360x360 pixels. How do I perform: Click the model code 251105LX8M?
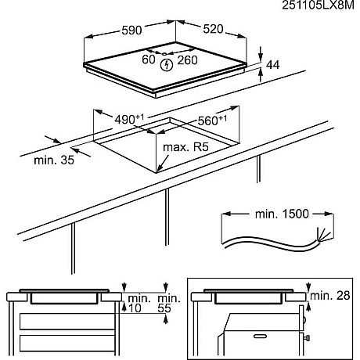pyautogui.click(x=318, y=5)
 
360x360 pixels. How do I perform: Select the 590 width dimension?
pyautogui.click(x=131, y=31)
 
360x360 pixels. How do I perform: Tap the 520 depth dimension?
pyautogui.click(x=213, y=29)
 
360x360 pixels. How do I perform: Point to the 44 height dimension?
pyautogui.click(x=272, y=65)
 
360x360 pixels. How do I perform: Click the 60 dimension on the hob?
pyautogui.click(x=149, y=59)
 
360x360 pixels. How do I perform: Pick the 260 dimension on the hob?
pyautogui.click(x=187, y=60)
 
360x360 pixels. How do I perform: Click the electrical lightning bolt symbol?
pyautogui.click(x=167, y=65)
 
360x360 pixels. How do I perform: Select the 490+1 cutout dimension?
pyautogui.click(x=129, y=119)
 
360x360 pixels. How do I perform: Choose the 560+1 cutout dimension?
pyautogui.click(x=212, y=121)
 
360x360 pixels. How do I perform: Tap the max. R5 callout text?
pyautogui.click(x=185, y=147)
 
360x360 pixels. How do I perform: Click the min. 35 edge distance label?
pyautogui.click(x=54, y=160)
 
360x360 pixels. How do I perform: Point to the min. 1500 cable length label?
pyautogui.click(x=282, y=214)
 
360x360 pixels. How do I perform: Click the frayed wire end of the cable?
pyautogui.click(x=322, y=234)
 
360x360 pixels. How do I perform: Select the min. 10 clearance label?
pyautogui.click(x=139, y=303)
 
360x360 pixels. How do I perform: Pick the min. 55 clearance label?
pyautogui.click(x=169, y=303)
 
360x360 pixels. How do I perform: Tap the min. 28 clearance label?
pyautogui.click(x=330, y=296)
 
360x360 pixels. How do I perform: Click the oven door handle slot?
pyautogui.click(x=260, y=337)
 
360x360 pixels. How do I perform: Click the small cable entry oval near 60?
pyautogui.click(x=164, y=54)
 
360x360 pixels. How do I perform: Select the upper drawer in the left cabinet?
pyautogui.click(x=67, y=322)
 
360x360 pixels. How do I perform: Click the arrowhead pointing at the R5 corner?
pyautogui.click(x=159, y=170)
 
